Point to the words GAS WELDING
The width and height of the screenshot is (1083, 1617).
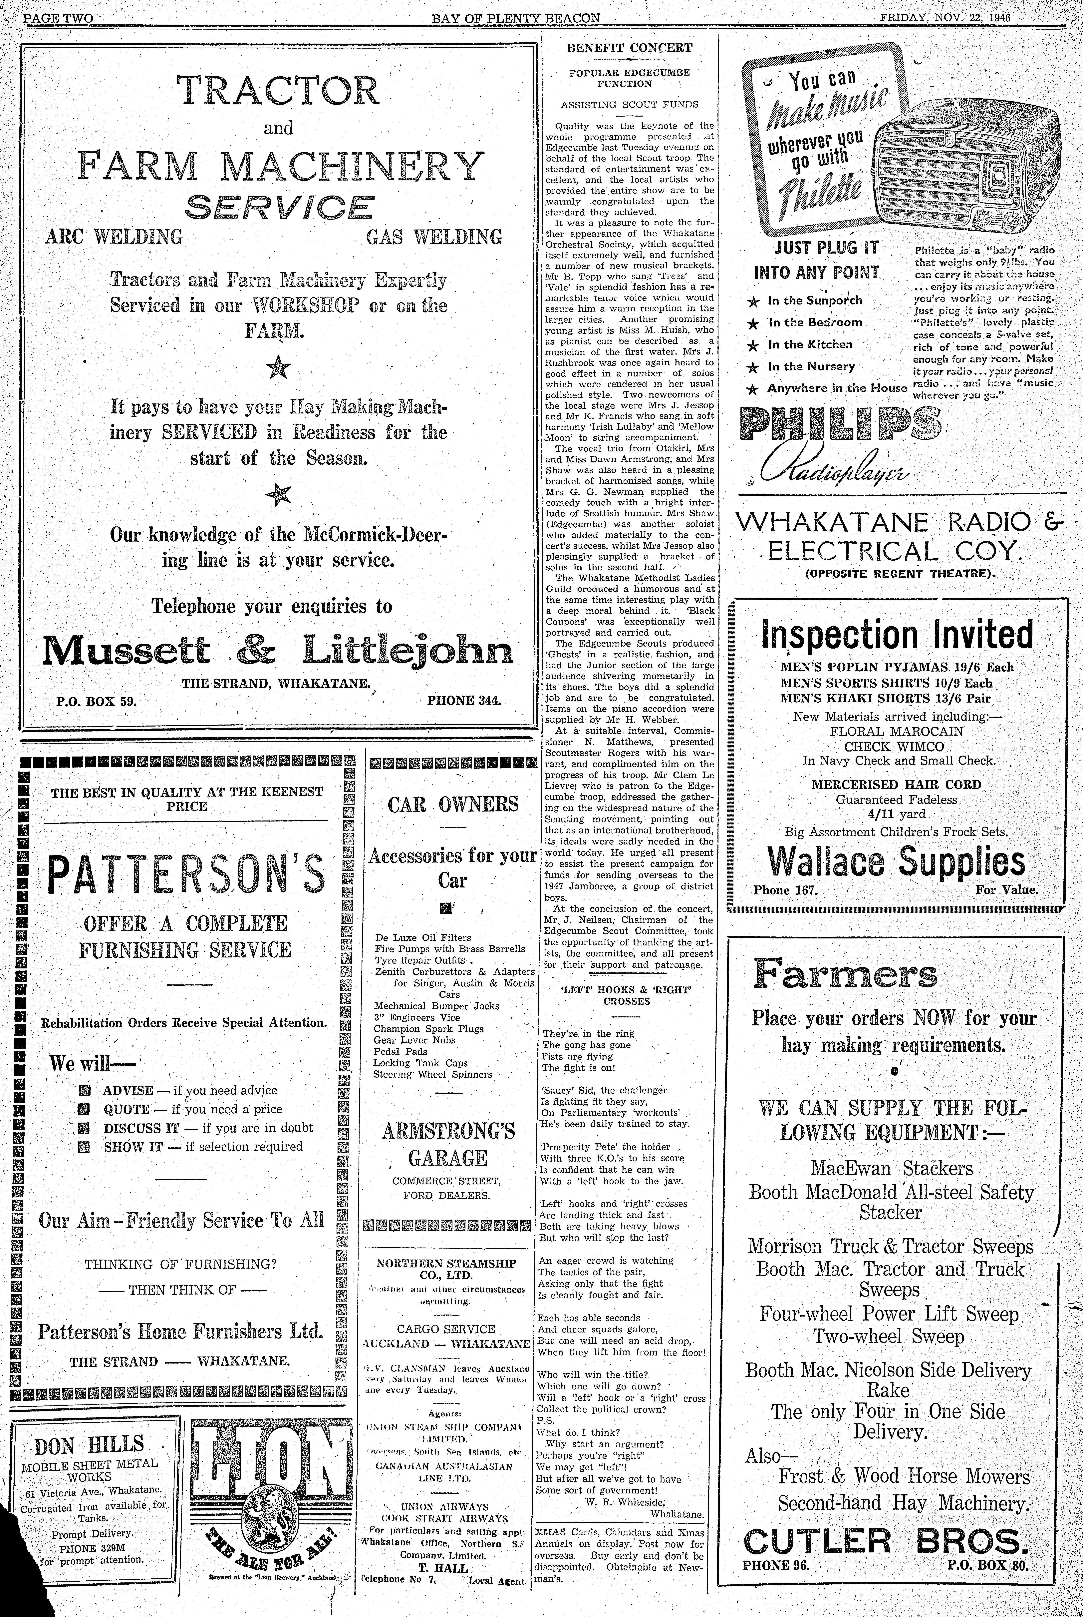click(x=434, y=238)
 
